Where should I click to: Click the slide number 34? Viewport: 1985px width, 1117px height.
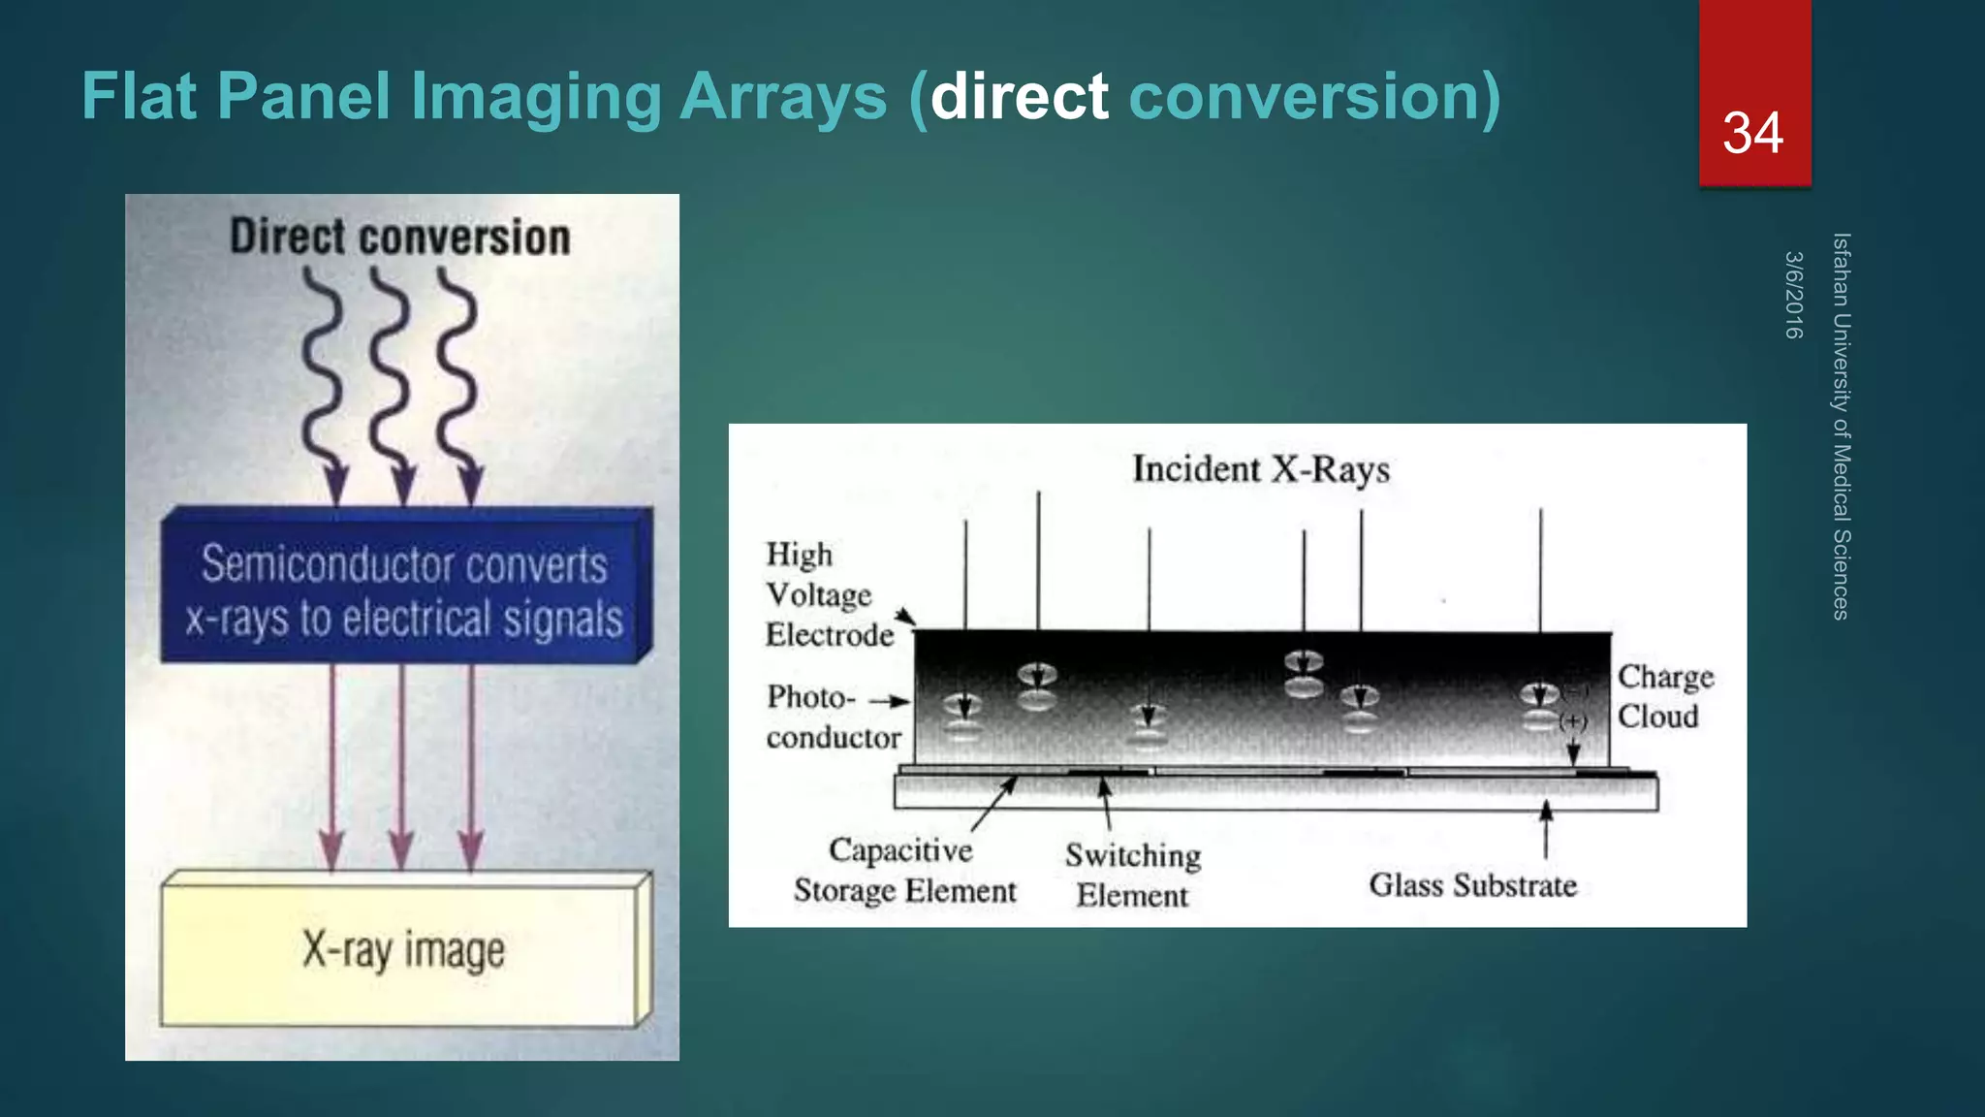point(1752,133)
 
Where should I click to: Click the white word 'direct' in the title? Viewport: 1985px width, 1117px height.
point(1019,97)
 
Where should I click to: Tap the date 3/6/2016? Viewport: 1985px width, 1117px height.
point(1793,295)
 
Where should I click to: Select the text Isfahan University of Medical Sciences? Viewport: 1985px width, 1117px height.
point(1841,426)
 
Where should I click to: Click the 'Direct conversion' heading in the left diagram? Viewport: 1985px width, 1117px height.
point(399,238)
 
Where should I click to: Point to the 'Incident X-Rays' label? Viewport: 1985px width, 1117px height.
point(1261,469)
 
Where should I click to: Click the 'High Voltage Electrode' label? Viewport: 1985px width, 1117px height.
point(829,594)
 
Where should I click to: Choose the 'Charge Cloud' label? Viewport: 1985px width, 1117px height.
point(1664,696)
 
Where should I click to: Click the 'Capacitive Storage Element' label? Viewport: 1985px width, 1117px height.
point(903,870)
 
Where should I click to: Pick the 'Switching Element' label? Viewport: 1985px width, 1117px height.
point(1132,875)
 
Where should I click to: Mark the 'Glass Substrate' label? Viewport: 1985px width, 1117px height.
point(1472,885)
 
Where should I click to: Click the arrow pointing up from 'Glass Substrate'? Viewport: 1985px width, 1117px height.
point(1546,829)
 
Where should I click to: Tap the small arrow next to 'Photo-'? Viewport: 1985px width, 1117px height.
point(889,700)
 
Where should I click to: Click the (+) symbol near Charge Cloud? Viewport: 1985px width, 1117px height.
point(1572,721)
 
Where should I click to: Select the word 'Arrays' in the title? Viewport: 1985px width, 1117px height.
point(783,97)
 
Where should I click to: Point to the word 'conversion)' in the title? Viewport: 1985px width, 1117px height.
point(1314,97)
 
